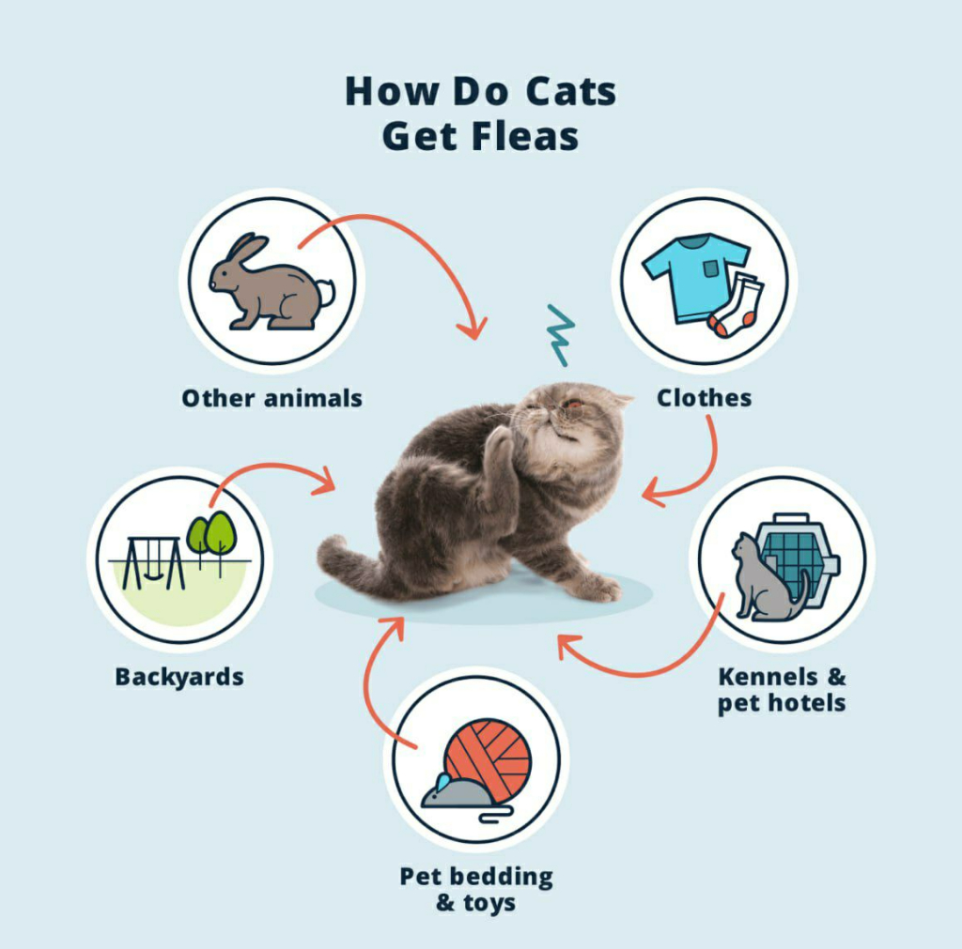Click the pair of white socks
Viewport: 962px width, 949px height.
(737, 306)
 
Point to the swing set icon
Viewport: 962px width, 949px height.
(152, 562)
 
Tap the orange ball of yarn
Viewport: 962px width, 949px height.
(489, 757)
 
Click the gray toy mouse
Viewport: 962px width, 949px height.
(455, 792)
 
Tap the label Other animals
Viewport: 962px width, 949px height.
(272, 398)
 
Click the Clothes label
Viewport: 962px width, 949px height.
(704, 398)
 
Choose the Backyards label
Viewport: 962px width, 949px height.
(179, 676)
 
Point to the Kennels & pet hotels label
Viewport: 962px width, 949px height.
(782, 689)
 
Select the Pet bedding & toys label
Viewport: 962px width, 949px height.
(476, 889)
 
